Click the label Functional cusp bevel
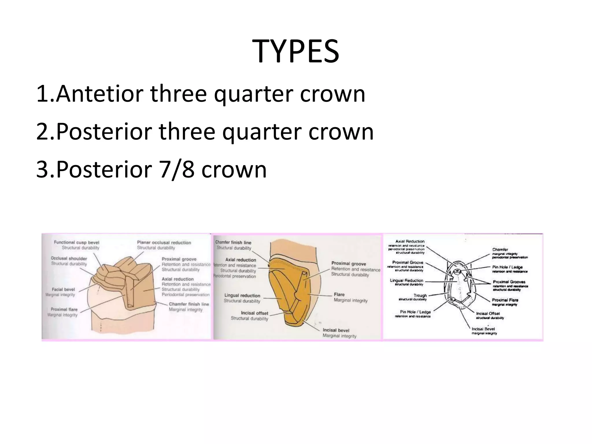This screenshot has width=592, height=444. (x=77, y=243)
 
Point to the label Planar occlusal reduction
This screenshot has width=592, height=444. (x=164, y=243)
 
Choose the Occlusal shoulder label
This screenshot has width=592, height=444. (x=69, y=258)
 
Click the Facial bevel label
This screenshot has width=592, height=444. (x=63, y=289)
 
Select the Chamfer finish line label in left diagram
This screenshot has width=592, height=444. (x=189, y=304)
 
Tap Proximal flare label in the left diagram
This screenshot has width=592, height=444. (x=64, y=309)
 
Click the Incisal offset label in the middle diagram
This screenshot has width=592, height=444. (x=254, y=313)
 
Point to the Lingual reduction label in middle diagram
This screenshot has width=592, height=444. (x=242, y=295)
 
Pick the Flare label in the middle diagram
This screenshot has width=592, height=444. (x=339, y=295)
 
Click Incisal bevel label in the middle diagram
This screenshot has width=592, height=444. (x=336, y=330)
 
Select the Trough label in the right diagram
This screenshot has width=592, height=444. (x=420, y=295)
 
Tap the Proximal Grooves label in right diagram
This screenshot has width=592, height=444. (x=509, y=282)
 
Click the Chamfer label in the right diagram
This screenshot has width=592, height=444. (x=500, y=249)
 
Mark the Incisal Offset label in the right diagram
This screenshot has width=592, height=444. (x=488, y=313)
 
